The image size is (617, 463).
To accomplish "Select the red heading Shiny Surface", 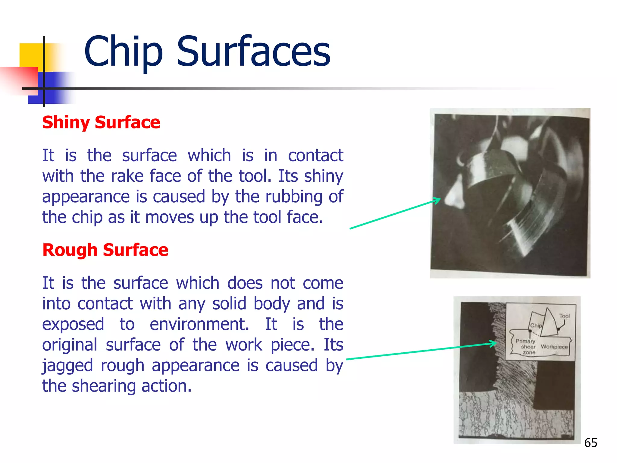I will coord(101,122).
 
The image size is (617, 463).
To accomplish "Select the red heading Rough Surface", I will coord(105,250).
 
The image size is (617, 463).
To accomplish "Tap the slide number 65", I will coord(590,443).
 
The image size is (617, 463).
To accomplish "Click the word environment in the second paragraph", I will coord(199,324).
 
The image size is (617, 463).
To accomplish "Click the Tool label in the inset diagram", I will coord(564,316).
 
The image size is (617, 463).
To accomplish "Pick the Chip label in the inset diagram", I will coord(536,326).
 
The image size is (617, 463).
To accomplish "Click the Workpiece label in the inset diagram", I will coord(554,347).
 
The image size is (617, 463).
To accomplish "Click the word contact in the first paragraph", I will coord(315,156).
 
